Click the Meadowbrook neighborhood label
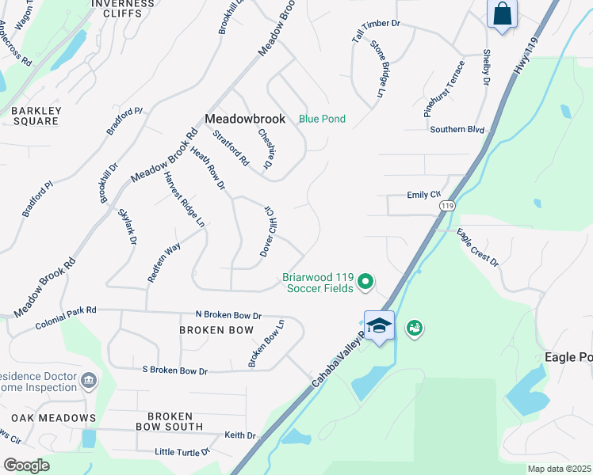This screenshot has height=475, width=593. pyautogui.click(x=244, y=119)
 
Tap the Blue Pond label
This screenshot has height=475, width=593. pyautogui.click(x=322, y=119)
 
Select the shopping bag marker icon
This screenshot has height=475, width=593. pyautogui.click(x=502, y=14)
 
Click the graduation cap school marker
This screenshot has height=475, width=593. pyautogui.click(x=379, y=325)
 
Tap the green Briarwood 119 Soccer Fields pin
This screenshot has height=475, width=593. pyautogui.click(x=365, y=280)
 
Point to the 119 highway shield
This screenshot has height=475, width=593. pyautogui.click(x=448, y=205)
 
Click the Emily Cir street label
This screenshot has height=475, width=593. pyautogui.click(x=423, y=194)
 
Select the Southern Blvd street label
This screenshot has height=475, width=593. pyautogui.click(x=457, y=129)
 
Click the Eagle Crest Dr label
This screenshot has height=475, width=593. pyautogui.click(x=478, y=247)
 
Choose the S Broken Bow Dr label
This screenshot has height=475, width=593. pyautogui.click(x=174, y=370)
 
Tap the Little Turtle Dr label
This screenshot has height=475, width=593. pyautogui.click(x=182, y=452)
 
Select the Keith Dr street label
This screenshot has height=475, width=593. pyautogui.click(x=240, y=435)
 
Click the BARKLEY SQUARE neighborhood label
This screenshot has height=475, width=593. pyautogui.click(x=35, y=116)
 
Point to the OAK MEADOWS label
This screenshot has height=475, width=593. pyautogui.click(x=53, y=417)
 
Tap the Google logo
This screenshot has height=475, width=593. pyautogui.click(x=25, y=465)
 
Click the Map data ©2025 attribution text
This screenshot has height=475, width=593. pyautogui.click(x=559, y=469)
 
